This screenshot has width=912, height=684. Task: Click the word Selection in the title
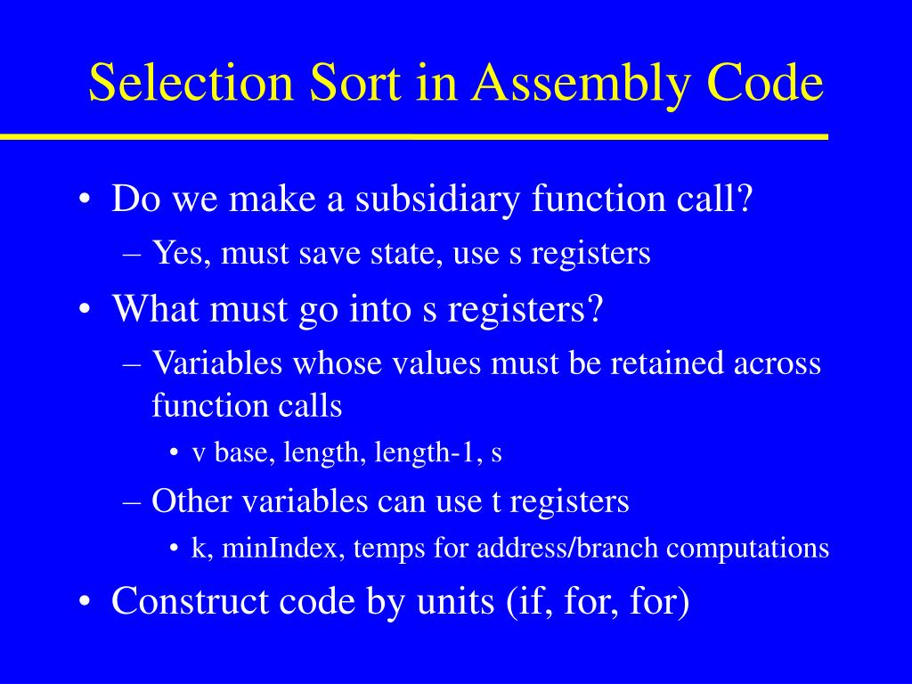pyautogui.click(x=191, y=84)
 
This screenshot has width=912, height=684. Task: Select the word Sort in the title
pyautogui.click(x=353, y=84)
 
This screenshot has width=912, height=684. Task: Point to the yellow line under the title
pyautogui.click(x=414, y=137)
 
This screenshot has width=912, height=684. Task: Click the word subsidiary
pyautogui.click(x=438, y=199)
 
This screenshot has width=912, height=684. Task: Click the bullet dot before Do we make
pyautogui.click(x=85, y=199)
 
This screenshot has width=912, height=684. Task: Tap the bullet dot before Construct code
pyautogui.click(x=85, y=603)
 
